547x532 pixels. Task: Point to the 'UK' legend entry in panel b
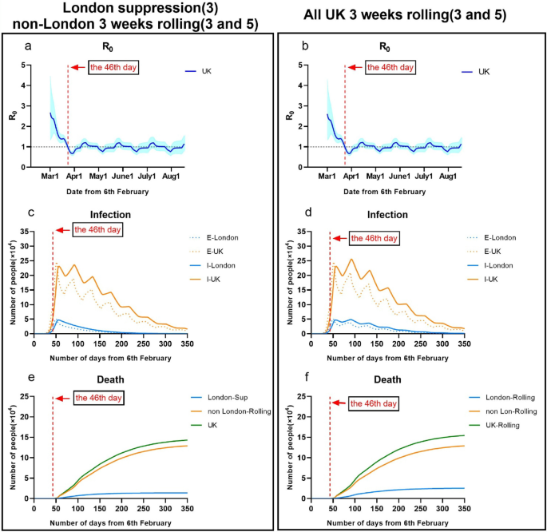tap(484, 72)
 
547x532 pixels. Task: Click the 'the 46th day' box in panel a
tap(113, 67)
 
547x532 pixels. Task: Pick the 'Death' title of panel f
tap(388, 380)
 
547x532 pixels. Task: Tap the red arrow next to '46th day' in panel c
tap(62, 230)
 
